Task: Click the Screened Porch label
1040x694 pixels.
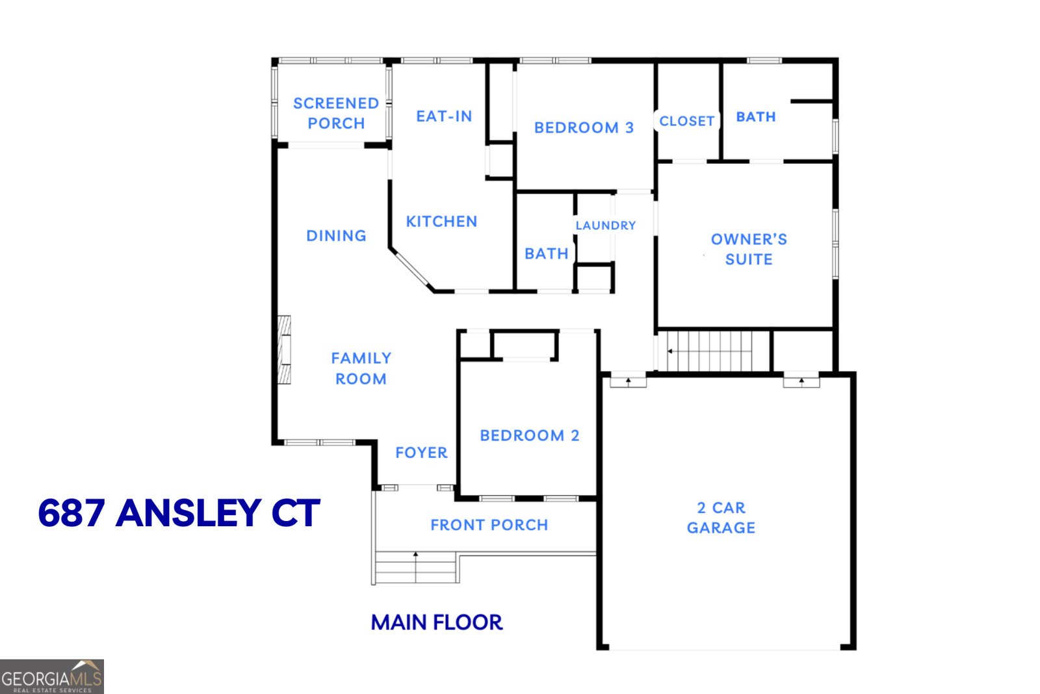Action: tap(335, 113)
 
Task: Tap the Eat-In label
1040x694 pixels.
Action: tap(444, 116)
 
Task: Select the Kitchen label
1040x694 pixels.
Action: tap(441, 222)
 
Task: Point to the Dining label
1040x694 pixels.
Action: tap(336, 235)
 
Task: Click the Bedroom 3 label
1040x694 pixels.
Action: tap(584, 127)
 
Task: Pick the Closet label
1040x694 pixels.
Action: tap(686, 121)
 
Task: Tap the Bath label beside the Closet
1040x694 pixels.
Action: tap(755, 117)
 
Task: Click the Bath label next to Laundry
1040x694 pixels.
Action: tap(546, 254)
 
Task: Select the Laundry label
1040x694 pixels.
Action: tap(605, 226)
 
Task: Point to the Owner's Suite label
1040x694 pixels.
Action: tap(749, 249)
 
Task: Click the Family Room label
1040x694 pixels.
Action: tap(361, 368)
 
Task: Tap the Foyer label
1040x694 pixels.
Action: tap(421, 453)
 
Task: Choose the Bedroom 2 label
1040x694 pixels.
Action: tap(529, 436)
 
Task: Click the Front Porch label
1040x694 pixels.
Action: tap(489, 525)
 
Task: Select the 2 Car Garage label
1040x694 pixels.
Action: tap(721, 518)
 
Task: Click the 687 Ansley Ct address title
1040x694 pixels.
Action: tap(179, 513)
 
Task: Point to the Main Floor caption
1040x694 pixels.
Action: tap(436, 622)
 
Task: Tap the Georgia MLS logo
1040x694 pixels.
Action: tap(51, 677)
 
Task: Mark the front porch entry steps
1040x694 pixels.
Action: tap(416, 567)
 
